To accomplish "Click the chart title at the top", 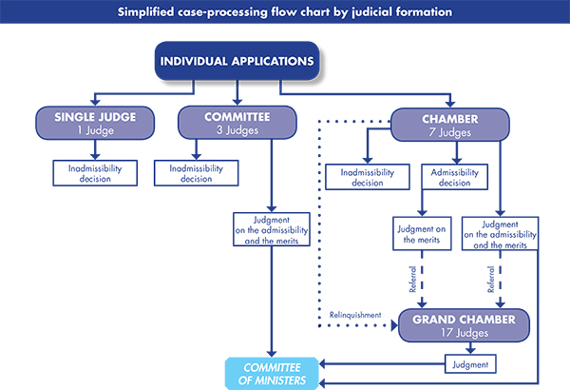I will click(285, 12).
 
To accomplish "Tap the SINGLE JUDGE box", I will click(94, 123).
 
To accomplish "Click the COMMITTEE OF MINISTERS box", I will click(272, 374).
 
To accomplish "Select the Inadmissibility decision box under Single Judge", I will click(94, 173).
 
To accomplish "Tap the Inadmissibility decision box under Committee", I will click(200, 173).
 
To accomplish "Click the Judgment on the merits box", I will click(422, 232).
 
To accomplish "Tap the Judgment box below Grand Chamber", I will click(471, 362).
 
